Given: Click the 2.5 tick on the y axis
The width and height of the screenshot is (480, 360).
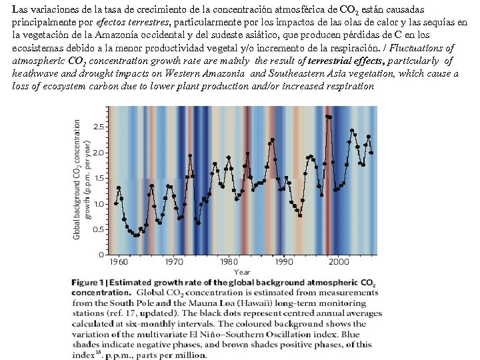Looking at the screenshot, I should coord(97,127).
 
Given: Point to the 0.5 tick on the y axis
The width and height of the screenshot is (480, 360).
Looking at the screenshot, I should coord(97,229).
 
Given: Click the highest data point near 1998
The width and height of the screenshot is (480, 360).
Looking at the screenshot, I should coord(328,117).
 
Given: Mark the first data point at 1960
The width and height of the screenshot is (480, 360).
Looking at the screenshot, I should coord(116,203).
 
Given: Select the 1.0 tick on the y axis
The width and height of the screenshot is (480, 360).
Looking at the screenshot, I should coord(97,204).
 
